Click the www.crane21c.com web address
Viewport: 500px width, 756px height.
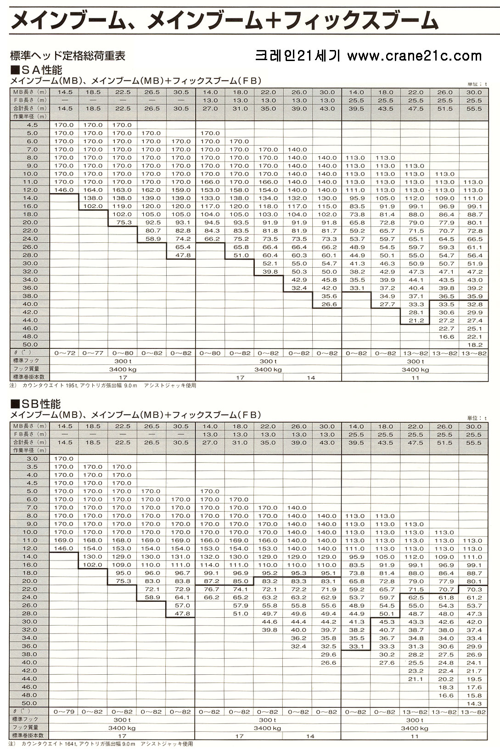[x=415, y=56]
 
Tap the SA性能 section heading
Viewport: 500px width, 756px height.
[x=36, y=70]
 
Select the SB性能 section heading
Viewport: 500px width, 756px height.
[x=36, y=404]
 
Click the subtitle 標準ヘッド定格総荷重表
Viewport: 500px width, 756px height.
[x=68, y=56]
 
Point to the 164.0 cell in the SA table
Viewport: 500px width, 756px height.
[x=93, y=190]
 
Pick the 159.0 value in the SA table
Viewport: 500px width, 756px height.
[x=181, y=190]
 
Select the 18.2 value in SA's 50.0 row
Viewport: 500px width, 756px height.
[x=475, y=345]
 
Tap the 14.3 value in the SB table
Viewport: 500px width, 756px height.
[x=474, y=704]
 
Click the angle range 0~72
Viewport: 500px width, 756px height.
[x=65, y=353]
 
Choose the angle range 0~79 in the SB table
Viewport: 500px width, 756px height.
[x=64, y=712]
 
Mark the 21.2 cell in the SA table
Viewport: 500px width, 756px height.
[x=416, y=321]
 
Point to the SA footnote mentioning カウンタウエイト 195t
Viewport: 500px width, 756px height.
[x=103, y=386]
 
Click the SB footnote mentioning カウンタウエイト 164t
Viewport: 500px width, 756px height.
[x=101, y=744]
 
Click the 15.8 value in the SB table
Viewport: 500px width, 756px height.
[x=474, y=695]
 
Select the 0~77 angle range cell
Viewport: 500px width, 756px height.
[x=93, y=353]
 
